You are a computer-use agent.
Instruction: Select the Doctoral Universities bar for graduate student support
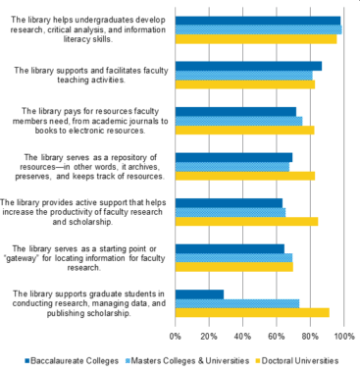coord(252,313)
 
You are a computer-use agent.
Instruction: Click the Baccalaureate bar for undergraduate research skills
coord(257,20)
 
